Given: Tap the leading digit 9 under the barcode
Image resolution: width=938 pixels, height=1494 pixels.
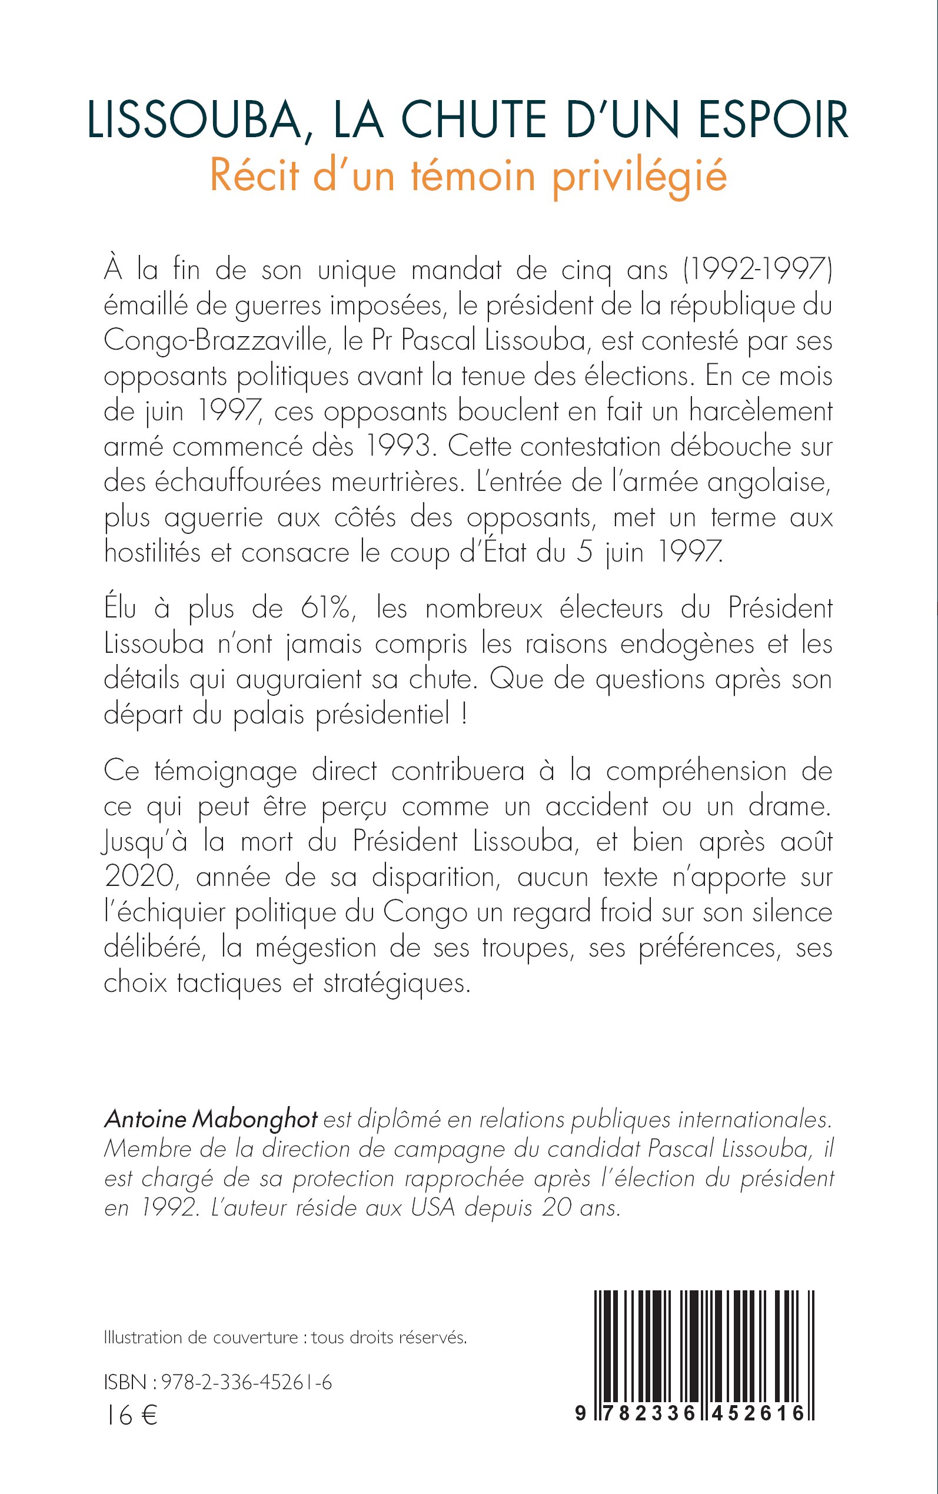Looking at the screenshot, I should (580, 1413).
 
